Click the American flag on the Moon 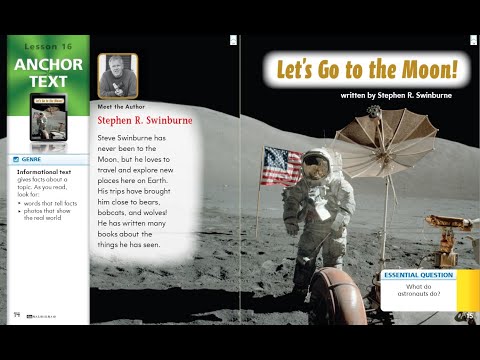pos(281,165)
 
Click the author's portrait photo pos(118,75)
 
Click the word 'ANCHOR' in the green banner pos(49,65)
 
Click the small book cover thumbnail pos(47,115)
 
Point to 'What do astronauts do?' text pos(419,293)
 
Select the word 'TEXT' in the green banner pos(49,83)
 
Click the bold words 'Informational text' pos(43,172)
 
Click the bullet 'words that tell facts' pos(50,203)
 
